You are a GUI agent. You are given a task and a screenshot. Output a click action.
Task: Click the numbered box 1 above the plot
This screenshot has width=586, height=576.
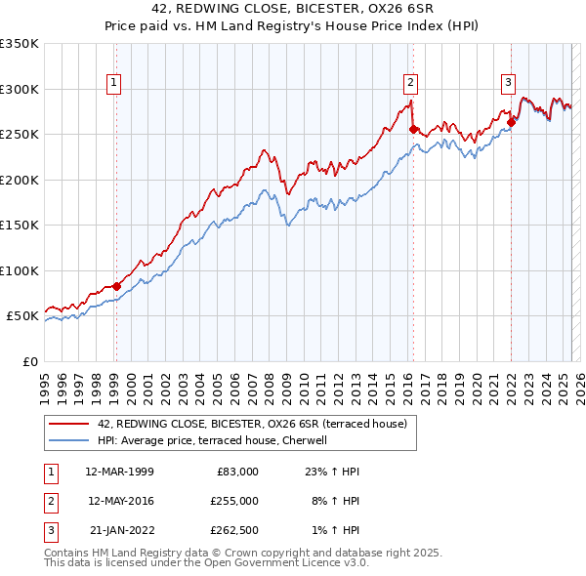click(115, 83)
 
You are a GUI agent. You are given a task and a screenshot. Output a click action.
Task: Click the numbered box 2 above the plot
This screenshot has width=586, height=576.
click(410, 83)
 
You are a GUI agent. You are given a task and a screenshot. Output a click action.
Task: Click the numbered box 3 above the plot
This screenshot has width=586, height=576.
click(509, 83)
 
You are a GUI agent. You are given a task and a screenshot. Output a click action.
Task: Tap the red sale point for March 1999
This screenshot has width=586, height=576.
click(116, 286)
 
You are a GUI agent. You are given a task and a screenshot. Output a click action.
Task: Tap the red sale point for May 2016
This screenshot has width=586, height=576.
click(413, 129)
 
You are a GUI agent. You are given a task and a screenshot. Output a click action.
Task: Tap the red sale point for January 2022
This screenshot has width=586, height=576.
click(511, 122)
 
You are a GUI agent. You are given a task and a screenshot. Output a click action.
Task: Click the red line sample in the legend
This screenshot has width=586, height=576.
click(68, 423)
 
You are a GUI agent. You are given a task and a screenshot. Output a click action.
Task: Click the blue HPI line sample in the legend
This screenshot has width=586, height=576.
click(68, 440)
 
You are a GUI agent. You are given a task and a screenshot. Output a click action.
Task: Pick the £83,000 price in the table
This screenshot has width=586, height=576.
click(235, 472)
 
